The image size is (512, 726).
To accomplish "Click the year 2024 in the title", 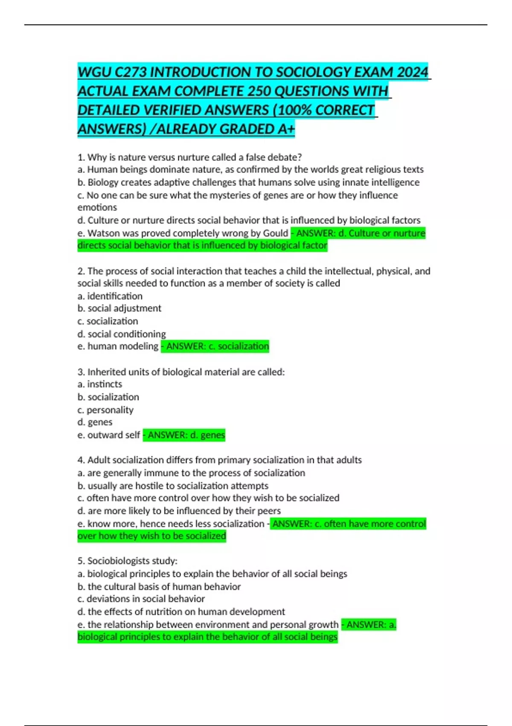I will click(412, 72).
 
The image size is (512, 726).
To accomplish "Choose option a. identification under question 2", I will click(110, 296).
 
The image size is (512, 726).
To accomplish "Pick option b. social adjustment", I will click(119, 308).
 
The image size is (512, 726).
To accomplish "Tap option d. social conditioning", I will click(122, 334).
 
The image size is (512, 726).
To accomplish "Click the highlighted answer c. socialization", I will click(215, 346).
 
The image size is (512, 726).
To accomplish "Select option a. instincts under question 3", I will click(100, 384).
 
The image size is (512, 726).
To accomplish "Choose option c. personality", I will click(105, 410).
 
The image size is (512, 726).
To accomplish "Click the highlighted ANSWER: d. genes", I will click(184, 435).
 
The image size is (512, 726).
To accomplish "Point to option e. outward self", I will click(109, 435).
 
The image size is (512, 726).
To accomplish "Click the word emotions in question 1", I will click(97, 208).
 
